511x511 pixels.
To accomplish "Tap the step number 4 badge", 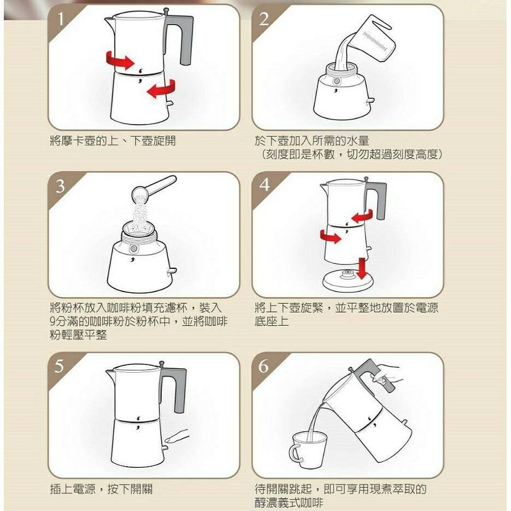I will [265, 184].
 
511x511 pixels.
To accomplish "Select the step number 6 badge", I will [265, 366].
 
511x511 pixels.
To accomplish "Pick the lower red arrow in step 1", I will [161, 88].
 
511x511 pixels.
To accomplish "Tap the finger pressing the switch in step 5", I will [177, 436].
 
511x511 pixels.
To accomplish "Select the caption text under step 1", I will [113, 141].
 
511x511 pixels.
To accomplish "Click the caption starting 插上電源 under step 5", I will [101, 488].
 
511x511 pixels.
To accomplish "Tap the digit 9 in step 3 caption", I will [52, 321].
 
